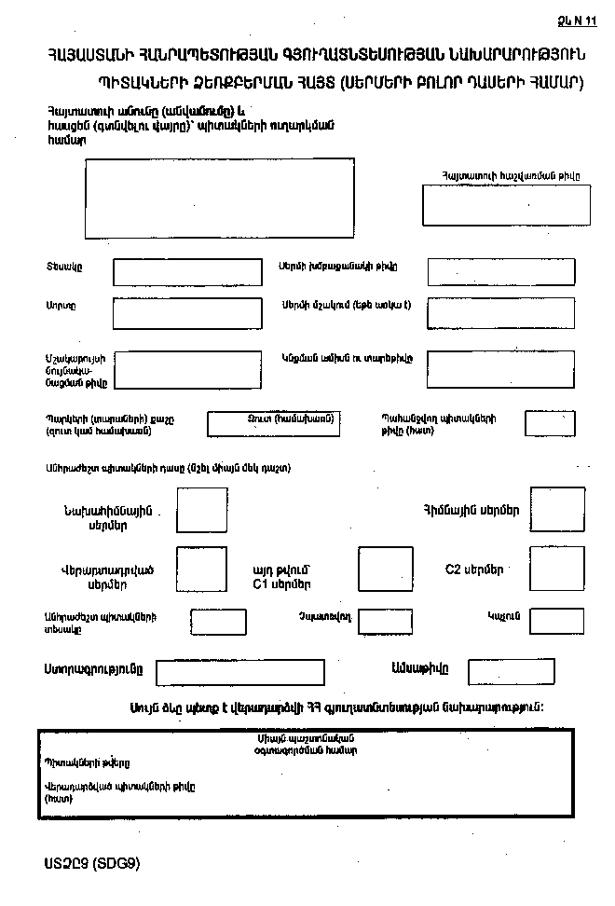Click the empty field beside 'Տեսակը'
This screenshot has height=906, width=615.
(187, 272)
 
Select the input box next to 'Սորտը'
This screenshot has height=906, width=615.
(186, 313)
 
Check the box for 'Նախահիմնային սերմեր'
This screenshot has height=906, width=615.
(201, 510)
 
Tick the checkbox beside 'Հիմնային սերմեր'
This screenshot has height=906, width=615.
(557, 509)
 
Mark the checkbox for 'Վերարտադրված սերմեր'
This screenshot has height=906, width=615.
(201, 569)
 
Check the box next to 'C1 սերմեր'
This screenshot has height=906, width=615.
(385, 569)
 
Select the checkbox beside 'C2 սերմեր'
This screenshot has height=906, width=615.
(557, 569)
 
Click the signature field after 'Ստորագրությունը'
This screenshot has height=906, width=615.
(240, 672)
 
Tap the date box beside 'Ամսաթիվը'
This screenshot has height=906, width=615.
(498, 671)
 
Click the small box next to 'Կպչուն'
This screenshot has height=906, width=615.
(556, 621)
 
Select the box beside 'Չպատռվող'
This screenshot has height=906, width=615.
(389, 622)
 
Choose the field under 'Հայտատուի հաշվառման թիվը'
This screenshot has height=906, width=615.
(506, 205)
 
